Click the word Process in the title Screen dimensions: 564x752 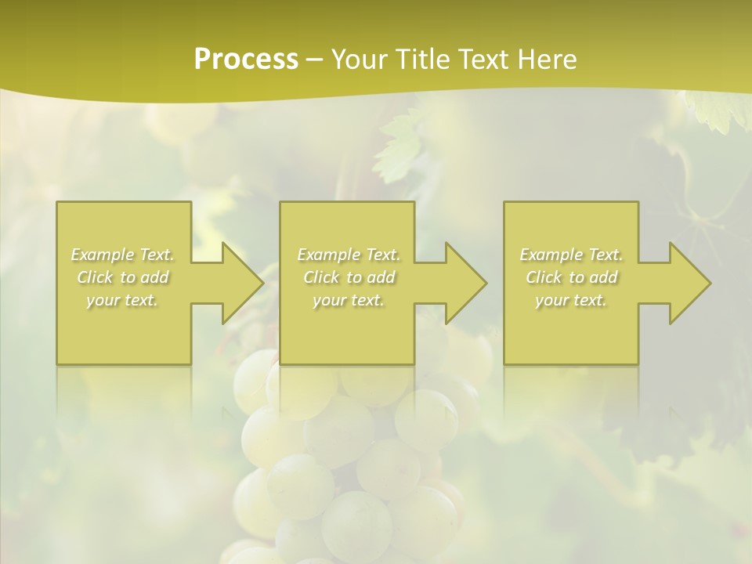click(x=246, y=60)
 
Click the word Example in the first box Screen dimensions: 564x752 click(x=103, y=255)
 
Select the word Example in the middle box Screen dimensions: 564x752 click(x=328, y=255)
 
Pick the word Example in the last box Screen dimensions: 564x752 click(x=551, y=255)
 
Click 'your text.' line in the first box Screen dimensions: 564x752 click(x=123, y=300)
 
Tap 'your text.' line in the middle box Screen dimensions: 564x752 click(x=349, y=300)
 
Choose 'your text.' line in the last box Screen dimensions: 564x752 click(x=571, y=300)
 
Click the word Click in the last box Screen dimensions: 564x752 click(x=544, y=277)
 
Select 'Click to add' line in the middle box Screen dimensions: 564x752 click(x=349, y=277)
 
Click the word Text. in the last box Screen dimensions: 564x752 click(x=606, y=255)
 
